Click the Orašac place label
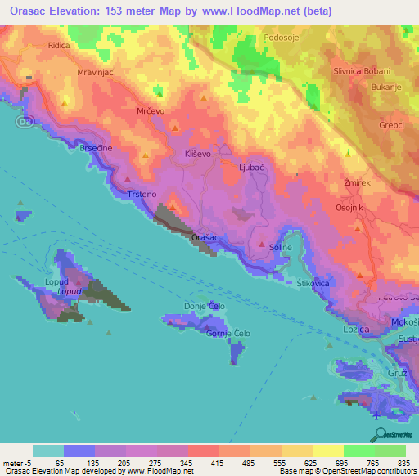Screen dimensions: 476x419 click(x=205, y=237)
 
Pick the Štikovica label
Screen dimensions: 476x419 click(x=313, y=283)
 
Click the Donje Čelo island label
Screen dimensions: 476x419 click(x=205, y=306)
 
